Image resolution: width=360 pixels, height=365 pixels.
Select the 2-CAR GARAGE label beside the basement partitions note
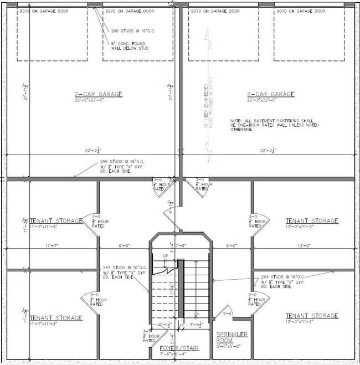[x=270, y=94]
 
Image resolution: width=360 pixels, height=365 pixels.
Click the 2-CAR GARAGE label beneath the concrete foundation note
[x=99, y=94]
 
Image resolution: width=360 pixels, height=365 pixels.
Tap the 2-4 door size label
[x=227, y=313]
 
